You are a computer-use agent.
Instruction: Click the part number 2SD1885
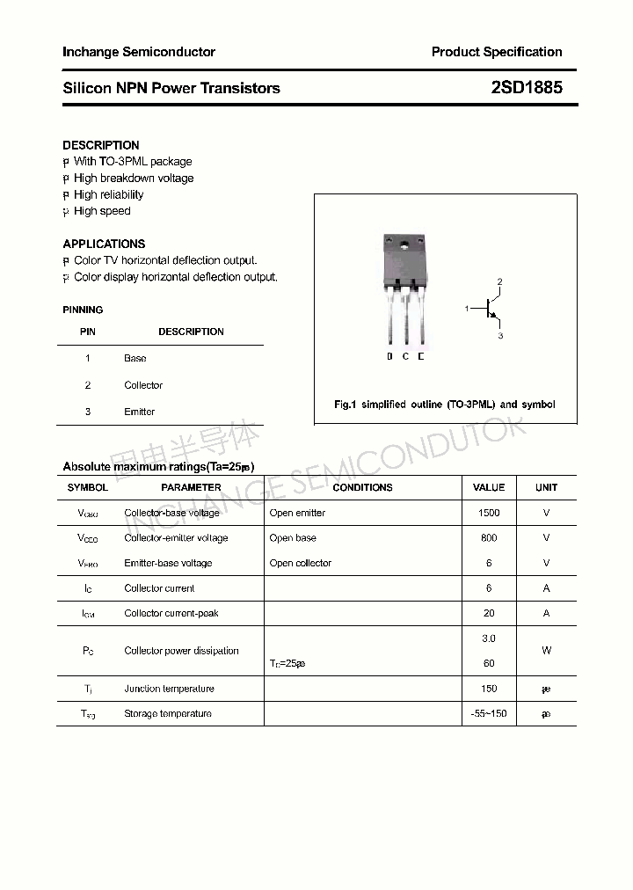527,88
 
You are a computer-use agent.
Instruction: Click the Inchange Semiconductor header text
139,52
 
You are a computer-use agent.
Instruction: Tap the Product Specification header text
496,52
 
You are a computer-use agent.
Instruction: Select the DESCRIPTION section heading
101,145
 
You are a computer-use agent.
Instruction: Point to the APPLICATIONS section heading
104,244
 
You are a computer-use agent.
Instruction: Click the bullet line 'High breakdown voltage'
134,179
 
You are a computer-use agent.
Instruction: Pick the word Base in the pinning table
135,359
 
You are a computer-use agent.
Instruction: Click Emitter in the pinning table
139,412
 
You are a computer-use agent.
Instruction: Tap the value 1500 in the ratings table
489,513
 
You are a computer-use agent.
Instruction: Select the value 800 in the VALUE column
489,538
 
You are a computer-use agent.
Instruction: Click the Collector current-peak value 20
489,614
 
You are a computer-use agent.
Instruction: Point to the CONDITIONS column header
362,487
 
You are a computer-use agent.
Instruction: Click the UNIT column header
546,487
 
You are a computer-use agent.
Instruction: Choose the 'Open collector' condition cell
301,564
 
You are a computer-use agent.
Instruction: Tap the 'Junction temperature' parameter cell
169,689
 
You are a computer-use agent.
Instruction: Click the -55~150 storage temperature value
489,714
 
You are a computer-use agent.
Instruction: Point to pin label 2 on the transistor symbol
499,281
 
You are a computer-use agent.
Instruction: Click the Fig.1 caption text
445,405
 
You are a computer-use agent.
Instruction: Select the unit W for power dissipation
546,651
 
